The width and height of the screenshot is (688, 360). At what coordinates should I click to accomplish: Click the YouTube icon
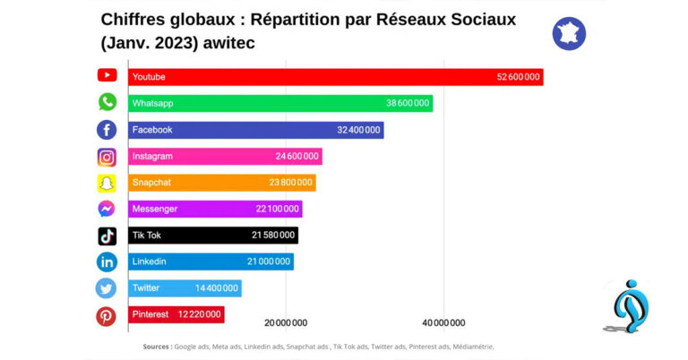point(107,76)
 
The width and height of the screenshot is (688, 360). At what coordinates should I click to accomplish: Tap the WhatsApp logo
point(107,102)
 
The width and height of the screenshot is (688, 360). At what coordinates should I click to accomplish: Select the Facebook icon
point(107,129)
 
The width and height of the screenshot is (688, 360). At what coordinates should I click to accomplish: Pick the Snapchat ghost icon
point(107,183)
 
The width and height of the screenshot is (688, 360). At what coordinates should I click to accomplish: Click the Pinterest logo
point(107,315)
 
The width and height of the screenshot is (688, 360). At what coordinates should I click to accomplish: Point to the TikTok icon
point(107,236)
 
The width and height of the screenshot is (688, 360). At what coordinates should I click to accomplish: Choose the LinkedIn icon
point(107,261)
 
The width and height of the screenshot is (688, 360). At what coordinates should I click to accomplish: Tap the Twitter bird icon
point(107,288)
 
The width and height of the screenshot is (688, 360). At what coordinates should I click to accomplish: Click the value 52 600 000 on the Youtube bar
point(518,77)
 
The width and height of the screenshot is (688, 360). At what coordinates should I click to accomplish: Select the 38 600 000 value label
point(408,103)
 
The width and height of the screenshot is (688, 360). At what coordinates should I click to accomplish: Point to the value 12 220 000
point(200,314)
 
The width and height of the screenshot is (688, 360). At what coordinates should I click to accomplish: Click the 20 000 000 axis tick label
point(286,322)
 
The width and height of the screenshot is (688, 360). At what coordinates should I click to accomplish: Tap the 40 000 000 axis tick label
point(443,322)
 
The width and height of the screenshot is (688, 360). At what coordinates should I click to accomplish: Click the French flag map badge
point(569,33)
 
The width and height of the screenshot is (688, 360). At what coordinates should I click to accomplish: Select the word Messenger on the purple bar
point(154,209)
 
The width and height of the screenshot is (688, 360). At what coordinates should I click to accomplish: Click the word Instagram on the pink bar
point(152,156)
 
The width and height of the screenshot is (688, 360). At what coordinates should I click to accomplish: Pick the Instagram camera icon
point(107,157)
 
